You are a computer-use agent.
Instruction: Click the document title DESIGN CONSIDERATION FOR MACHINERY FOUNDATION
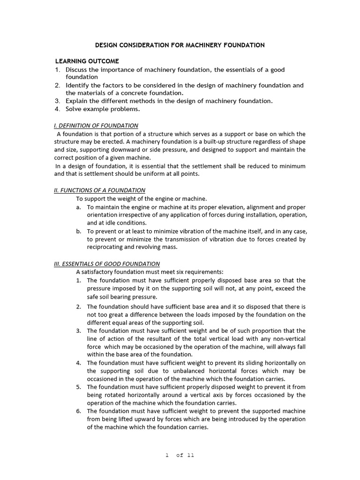180,45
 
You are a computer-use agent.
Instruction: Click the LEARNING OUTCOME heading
87,61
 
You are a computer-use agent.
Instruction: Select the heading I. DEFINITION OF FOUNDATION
96,126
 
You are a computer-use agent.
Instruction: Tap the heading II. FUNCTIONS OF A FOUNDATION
100,190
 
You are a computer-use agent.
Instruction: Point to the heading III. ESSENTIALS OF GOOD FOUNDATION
110,264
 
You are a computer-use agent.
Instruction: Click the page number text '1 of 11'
180,456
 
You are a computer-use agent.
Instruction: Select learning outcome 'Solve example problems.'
103,109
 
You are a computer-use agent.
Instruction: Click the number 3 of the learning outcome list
57,101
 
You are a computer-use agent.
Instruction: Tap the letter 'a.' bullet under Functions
78,207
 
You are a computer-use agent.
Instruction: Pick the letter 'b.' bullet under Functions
78,231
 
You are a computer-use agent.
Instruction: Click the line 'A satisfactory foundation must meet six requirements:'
150,272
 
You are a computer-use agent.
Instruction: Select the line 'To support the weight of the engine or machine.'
141,199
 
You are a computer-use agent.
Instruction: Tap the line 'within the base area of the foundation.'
140,354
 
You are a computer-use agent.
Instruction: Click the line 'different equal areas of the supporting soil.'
146,322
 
